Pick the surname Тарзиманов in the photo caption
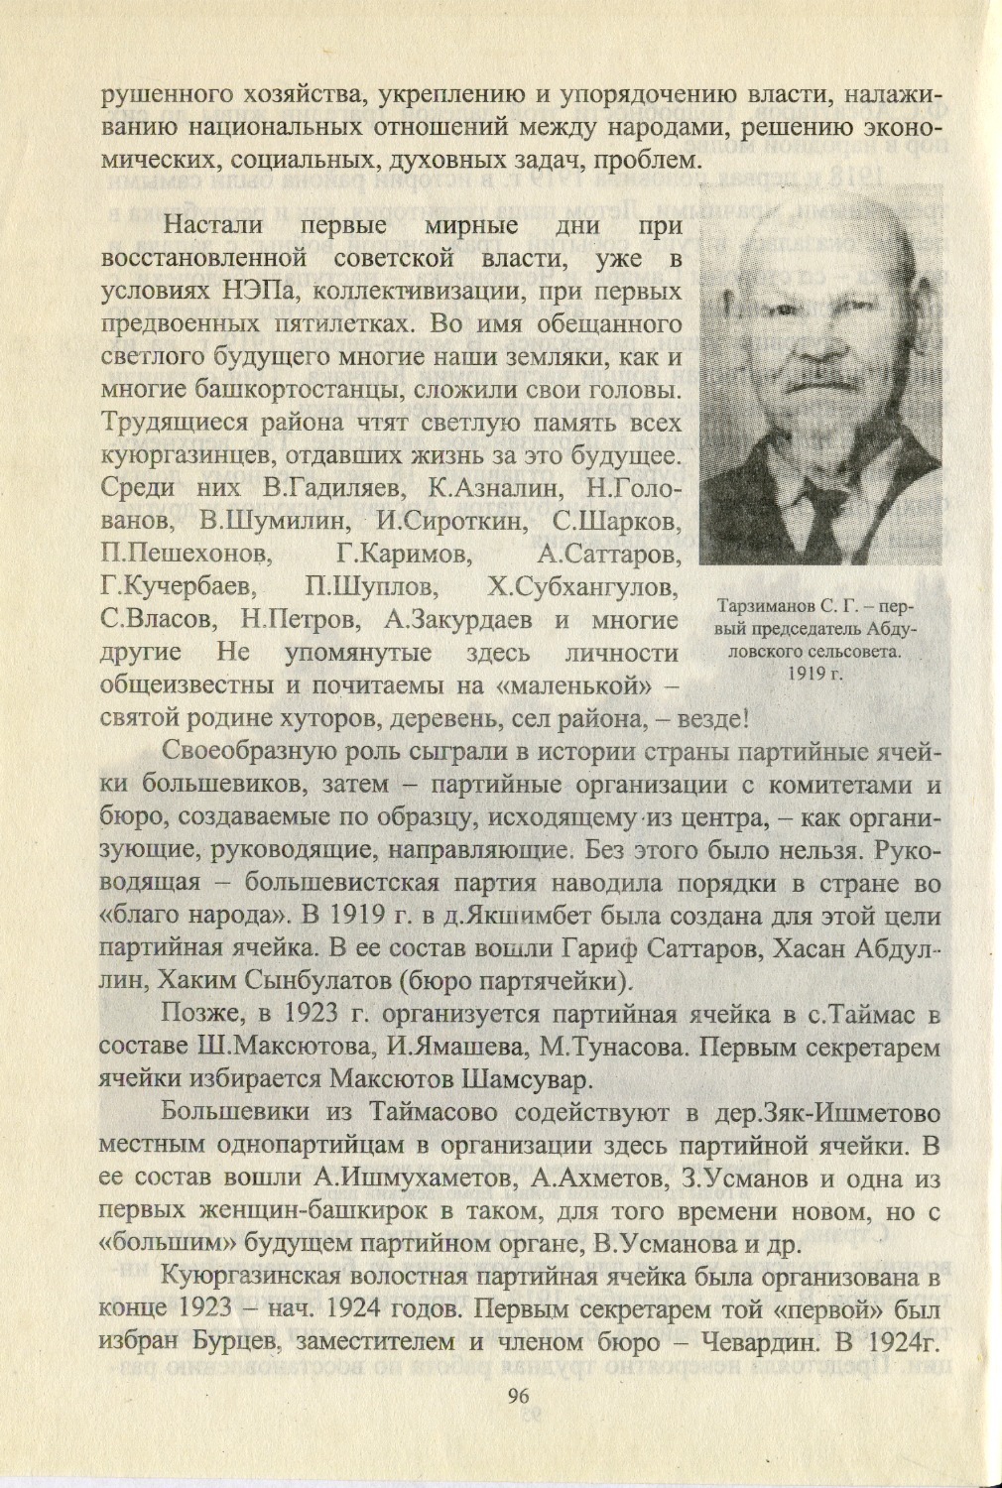coord(766,605)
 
